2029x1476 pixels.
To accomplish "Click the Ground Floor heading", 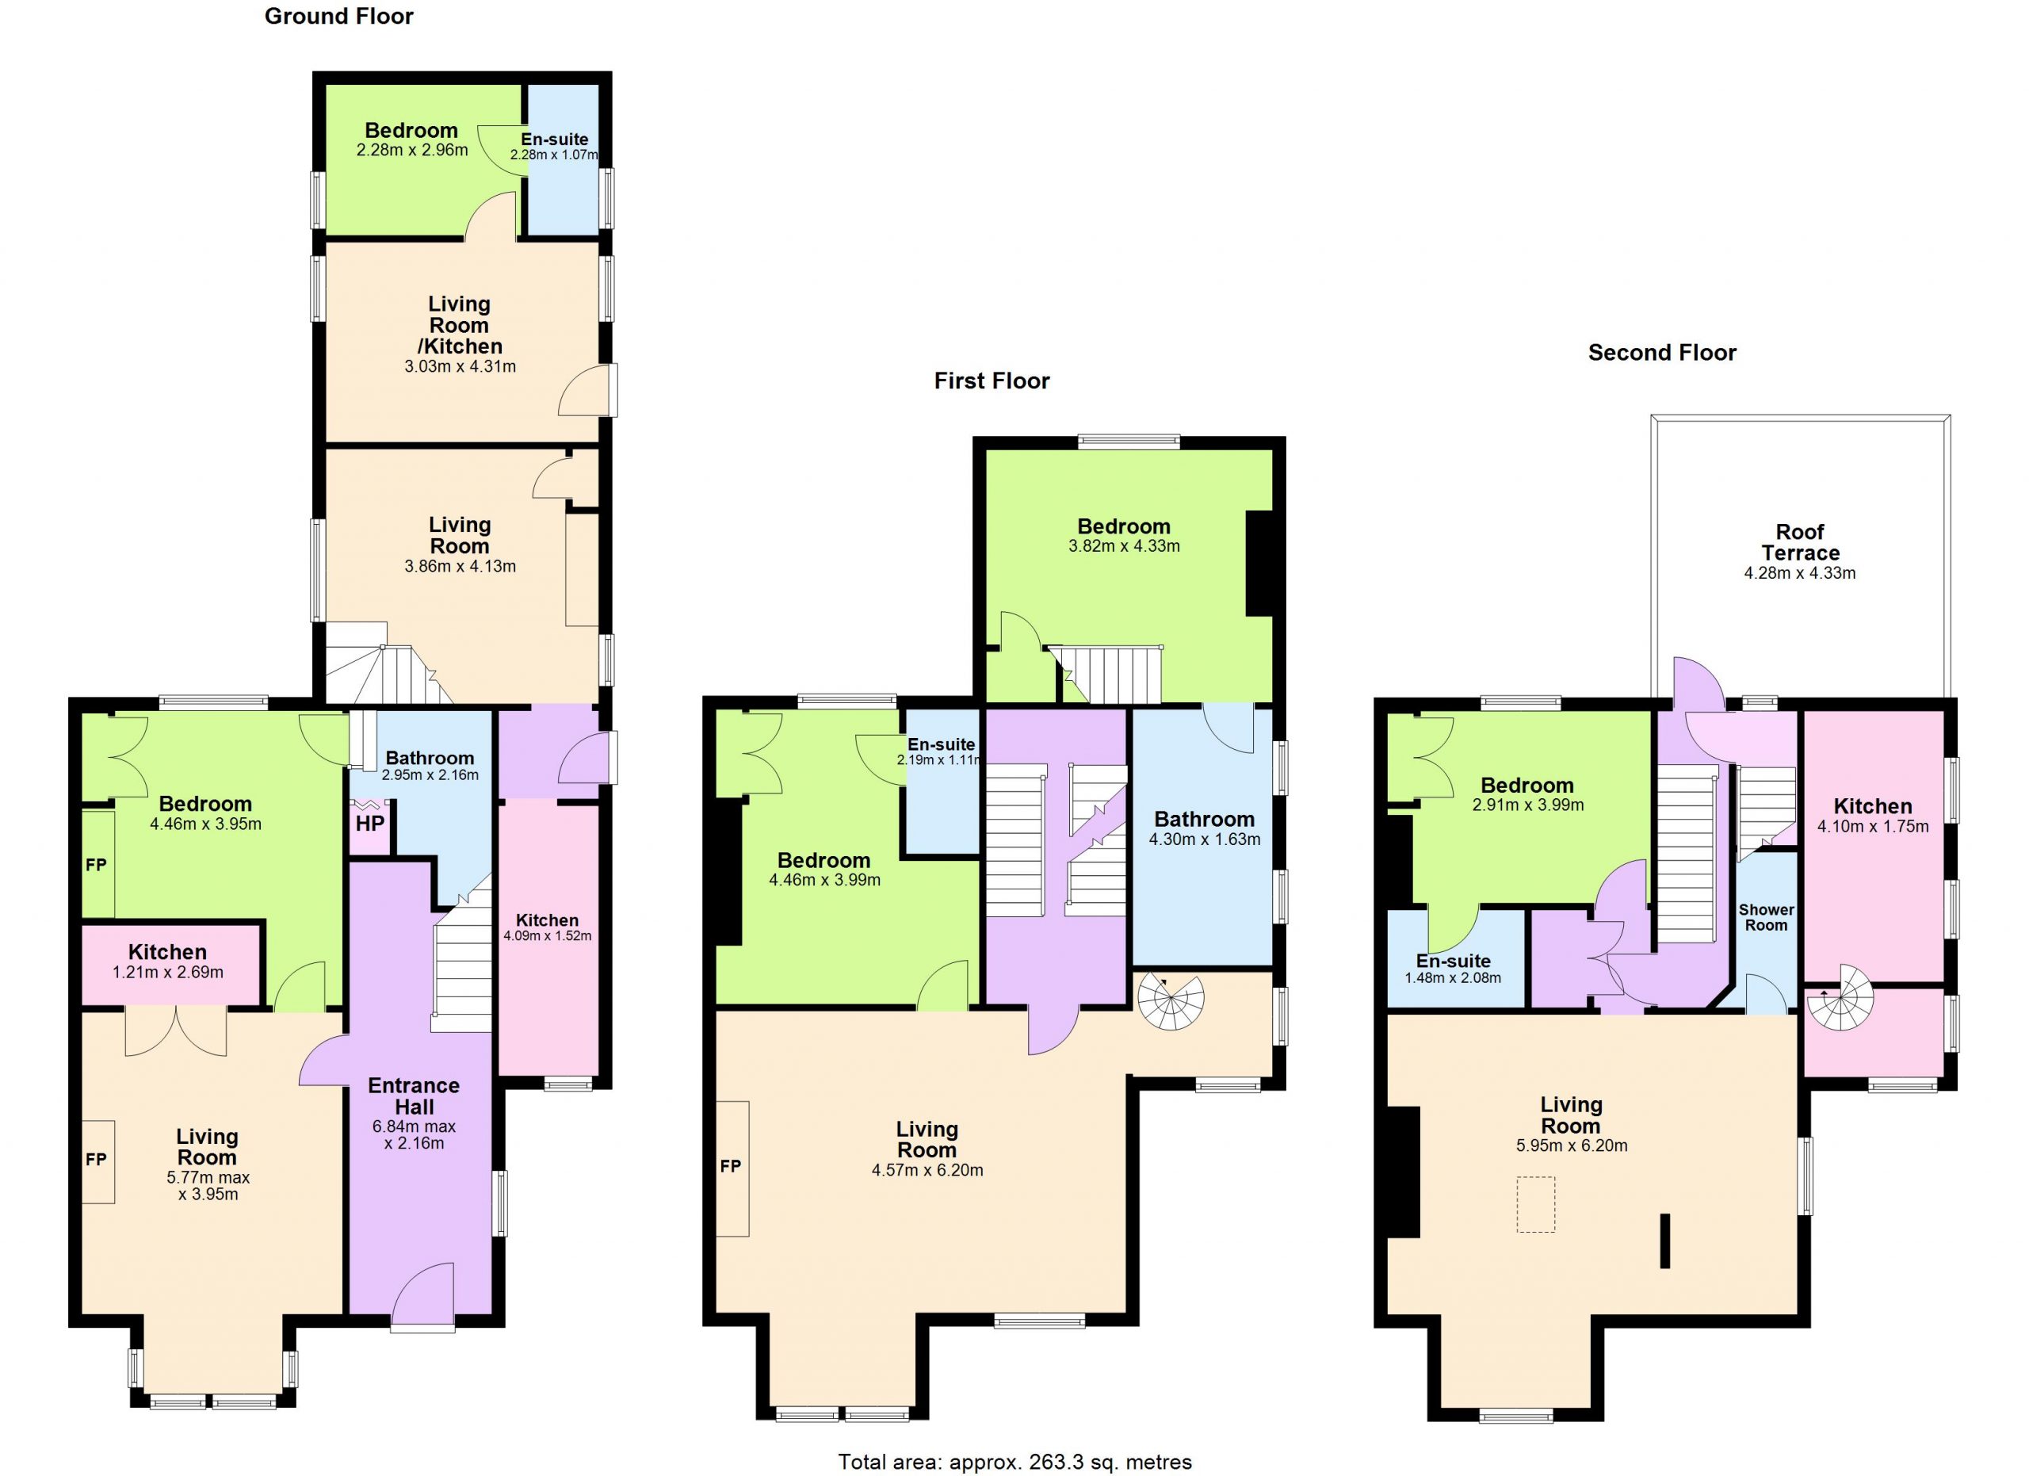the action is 339,16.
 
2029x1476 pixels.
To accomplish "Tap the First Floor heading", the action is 992,381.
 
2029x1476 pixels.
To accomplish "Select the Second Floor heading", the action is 1661,353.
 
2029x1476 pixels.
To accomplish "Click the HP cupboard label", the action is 369,823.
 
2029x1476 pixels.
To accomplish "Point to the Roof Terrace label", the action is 1800,542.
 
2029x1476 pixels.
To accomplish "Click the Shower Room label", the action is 1766,918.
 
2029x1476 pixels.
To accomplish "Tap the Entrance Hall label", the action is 413,1096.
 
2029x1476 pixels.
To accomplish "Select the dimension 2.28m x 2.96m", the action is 411,151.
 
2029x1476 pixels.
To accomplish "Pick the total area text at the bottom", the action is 1014,1462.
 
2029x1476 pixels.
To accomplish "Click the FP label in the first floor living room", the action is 731,1167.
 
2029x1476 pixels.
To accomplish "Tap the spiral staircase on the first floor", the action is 1171,1003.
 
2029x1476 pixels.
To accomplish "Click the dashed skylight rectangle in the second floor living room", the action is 1535,1204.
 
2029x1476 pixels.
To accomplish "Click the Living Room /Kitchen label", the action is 460,325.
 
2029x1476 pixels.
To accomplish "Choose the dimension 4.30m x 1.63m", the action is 1204,840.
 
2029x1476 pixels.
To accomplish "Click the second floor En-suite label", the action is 1453,962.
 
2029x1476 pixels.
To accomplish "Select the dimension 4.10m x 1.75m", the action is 1872,827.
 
